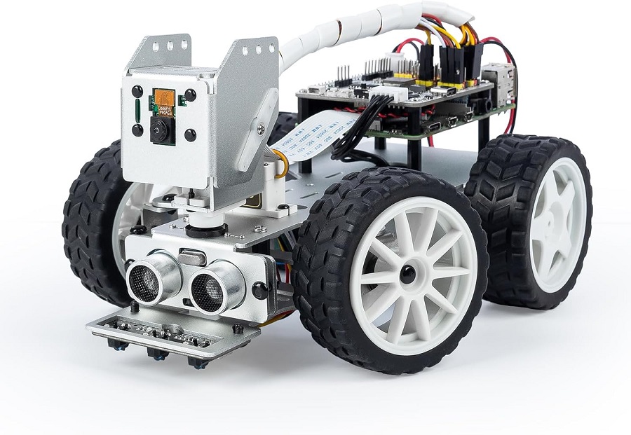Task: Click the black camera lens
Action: tap(162, 130)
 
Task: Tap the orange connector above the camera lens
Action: tap(164, 98)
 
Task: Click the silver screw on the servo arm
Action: tap(261, 128)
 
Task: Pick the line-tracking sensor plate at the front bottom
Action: tap(172, 329)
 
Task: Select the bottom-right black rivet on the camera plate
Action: tap(190, 134)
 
